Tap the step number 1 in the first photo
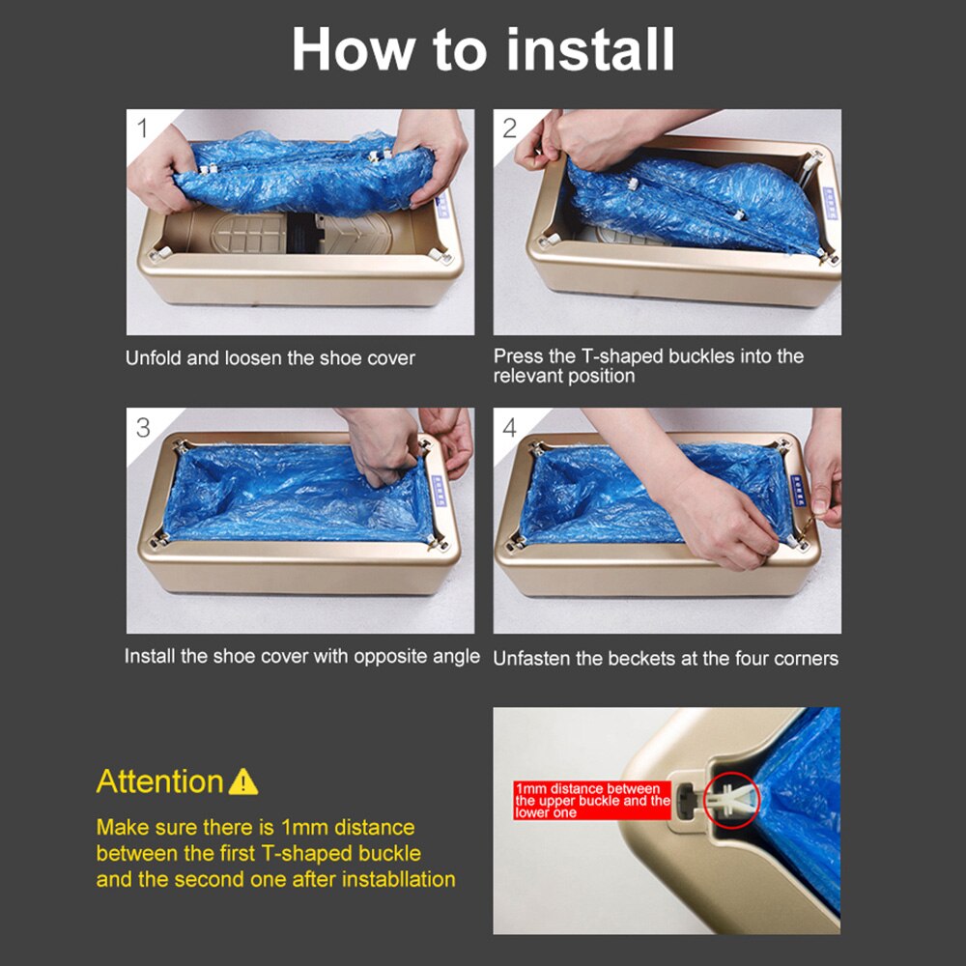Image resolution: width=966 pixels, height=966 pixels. point(143,128)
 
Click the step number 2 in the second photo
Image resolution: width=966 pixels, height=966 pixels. point(510,128)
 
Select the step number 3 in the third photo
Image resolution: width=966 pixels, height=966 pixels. point(143,428)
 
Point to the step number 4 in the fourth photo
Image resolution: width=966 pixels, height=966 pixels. point(510,428)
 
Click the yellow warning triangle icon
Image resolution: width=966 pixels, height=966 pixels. point(243,781)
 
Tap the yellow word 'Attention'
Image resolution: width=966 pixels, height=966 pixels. point(159,781)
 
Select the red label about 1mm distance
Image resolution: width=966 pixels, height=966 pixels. point(592,801)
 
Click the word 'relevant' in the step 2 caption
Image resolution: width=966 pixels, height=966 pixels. point(528,377)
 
